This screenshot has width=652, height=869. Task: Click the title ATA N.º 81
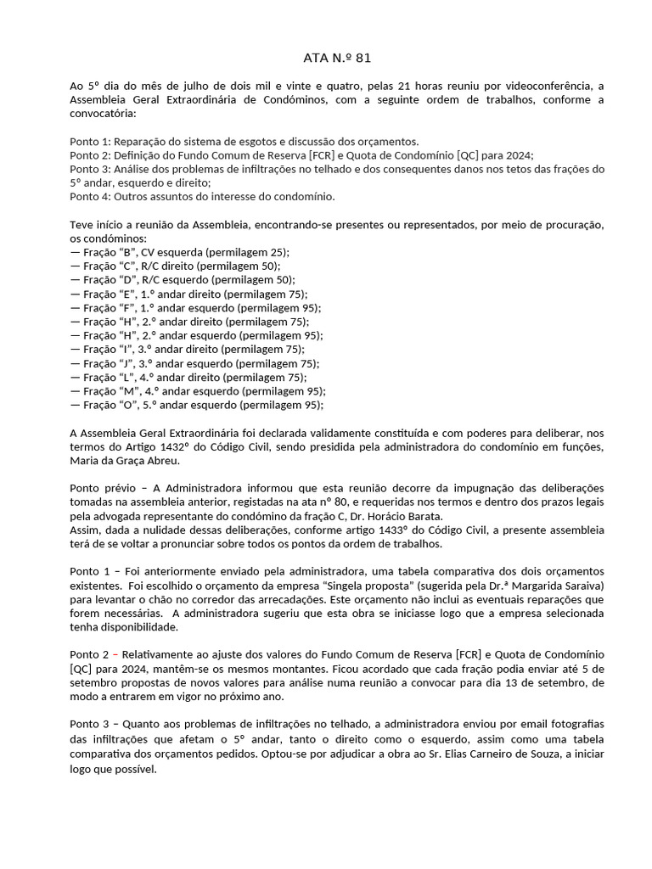pos(337,59)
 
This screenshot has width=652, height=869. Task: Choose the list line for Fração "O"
pos(197,405)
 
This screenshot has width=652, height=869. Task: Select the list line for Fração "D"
pos(183,279)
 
